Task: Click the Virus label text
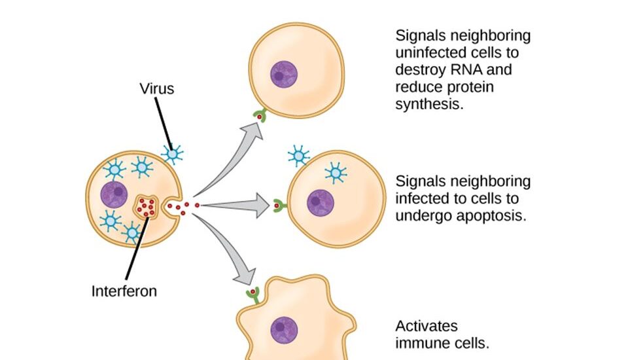click(x=156, y=88)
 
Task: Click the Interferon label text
click(x=124, y=291)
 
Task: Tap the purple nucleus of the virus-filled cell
click(x=114, y=194)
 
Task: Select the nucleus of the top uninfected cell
click(x=283, y=74)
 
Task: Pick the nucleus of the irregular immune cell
click(x=284, y=329)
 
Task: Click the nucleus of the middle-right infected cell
click(x=321, y=202)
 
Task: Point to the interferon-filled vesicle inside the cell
click(x=147, y=207)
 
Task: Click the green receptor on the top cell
click(x=260, y=116)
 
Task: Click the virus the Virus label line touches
click(x=173, y=154)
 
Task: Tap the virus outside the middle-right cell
click(x=299, y=156)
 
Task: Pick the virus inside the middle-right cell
click(x=336, y=172)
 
